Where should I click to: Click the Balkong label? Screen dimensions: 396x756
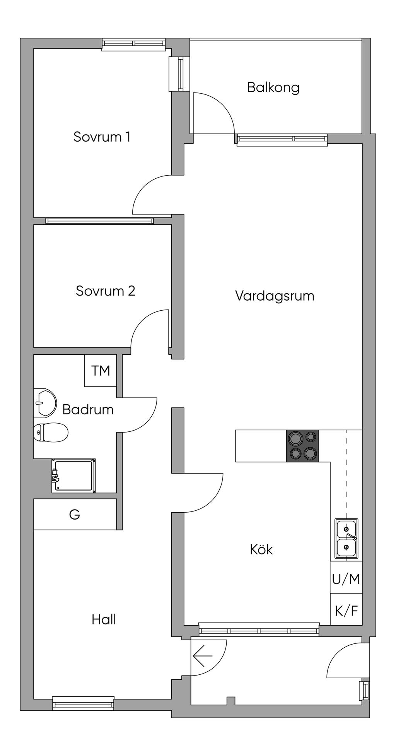(273, 88)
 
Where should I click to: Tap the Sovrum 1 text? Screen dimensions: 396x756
(102, 137)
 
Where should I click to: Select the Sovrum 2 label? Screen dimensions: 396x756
(106, 291)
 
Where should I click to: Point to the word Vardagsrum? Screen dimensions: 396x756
(275, 296)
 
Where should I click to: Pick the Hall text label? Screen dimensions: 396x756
(104, 619)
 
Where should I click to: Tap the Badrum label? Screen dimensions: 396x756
(88, 409)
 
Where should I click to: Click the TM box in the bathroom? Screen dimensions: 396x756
(101, 370)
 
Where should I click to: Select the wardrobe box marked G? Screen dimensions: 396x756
(75, 514)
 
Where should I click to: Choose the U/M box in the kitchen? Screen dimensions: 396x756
(346, 579)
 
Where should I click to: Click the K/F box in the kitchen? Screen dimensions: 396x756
(346, 611)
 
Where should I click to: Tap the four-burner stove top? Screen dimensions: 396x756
(302, 446)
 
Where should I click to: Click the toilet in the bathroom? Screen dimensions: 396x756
(51, 432)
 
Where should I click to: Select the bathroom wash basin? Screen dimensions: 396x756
(45, 403)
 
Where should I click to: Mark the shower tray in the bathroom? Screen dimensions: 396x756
(74, 475)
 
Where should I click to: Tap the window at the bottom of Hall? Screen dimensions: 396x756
(83, 703)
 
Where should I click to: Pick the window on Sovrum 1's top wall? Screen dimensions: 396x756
(134, 44)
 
